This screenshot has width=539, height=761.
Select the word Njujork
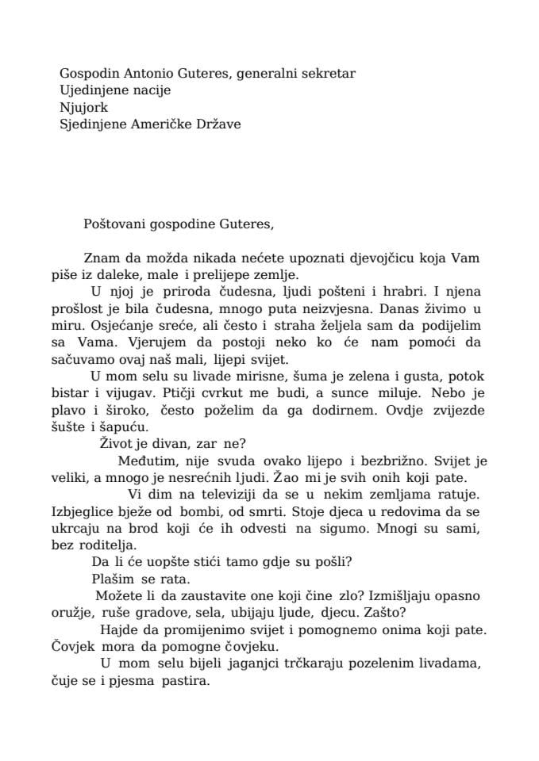coord(83,107)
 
